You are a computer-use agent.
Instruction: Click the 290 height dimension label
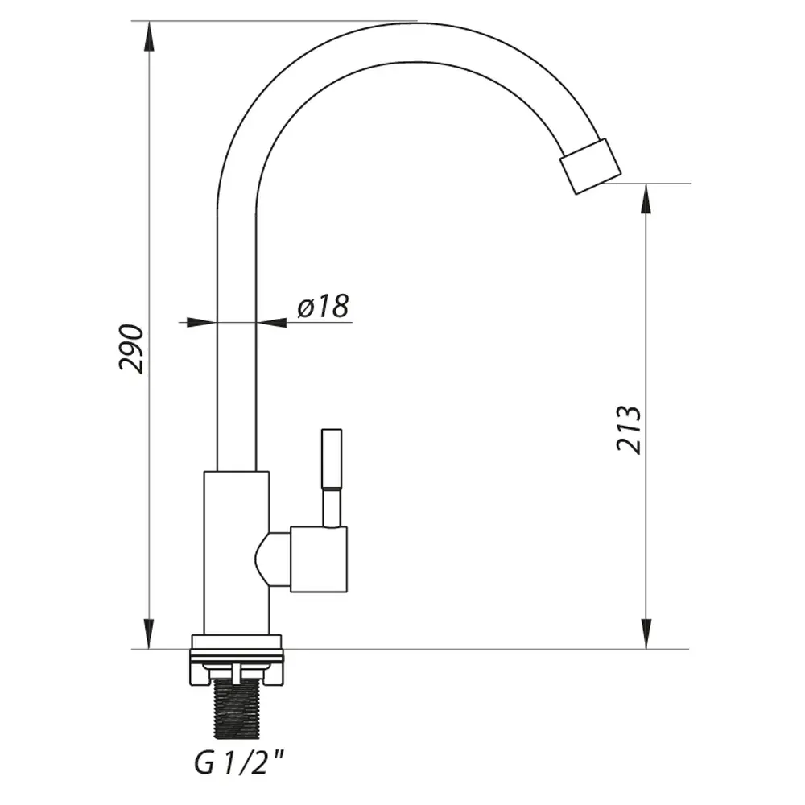pyautogui.click(x=131, y=349)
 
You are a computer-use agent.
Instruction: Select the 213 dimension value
pyautogui.click(x=629, y=429)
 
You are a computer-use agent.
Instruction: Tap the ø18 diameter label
pyautogui.click(x=324, y=306)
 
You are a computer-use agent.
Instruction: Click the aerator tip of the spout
pyautogui.click(x=590, y=166)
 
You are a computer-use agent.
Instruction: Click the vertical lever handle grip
pyautogui.click(x=332, y=459)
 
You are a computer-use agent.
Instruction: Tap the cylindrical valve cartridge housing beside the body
pyautogui.click(x=319, y=559)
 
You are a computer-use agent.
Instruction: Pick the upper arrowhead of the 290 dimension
pyautogui.click(x=149, y=37)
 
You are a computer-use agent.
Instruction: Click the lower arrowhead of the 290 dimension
pyautogui.click(x=149, y=634)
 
